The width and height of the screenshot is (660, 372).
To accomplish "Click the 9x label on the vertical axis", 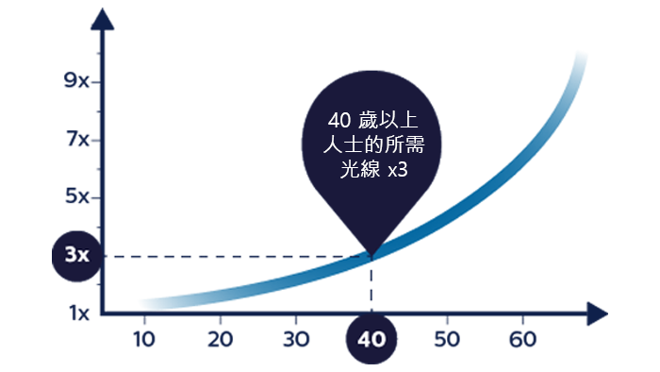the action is click(x=76, y=80).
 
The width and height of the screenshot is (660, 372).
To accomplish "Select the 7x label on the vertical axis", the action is click(x=78, y=139).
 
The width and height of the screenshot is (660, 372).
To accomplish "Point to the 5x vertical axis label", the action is click(x=77, y=196).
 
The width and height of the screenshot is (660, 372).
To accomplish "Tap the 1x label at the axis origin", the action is click(x=79, y=313).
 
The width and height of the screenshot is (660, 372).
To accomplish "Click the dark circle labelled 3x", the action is click(x=77, y=256).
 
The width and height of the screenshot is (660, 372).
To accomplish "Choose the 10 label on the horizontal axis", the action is click(x=144, y=339).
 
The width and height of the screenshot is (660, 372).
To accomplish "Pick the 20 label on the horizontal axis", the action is click(x=220, y=339).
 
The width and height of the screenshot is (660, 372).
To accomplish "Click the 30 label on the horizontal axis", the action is click(x=296, y=339).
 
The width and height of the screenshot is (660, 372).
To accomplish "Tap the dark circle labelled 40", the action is click(x=371, y=339).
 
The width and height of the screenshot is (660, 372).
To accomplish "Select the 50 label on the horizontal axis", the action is click(x=447, y=339).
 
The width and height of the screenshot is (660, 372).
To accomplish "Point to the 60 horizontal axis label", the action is click(x=522, y=339).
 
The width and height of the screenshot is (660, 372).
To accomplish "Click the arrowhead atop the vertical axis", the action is click(x=102, y=20).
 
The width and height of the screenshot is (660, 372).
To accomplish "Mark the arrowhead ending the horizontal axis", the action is click(x=597, y=313).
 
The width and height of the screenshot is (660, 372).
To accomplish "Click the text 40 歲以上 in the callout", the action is click(x=373, y=121).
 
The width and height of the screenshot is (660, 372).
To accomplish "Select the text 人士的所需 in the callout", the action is click(x=373, y=144).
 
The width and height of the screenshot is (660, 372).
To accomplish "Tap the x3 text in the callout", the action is click(x=398, y=170).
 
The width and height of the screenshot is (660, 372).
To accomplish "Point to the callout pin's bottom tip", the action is click(x=371, y=256).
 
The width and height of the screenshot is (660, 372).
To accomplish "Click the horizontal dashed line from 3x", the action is click(x=237, y=256).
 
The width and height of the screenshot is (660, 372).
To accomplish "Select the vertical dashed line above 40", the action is click(x=371, y=285).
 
